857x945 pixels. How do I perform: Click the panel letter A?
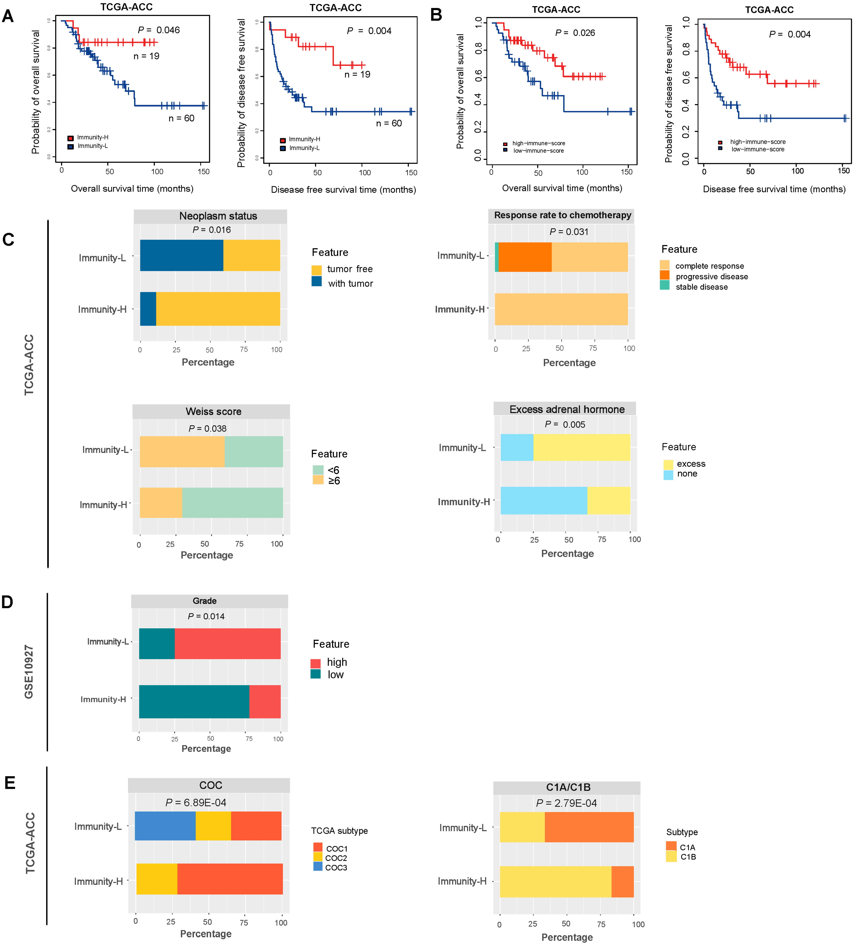(8, 16)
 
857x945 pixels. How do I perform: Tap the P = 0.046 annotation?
(158, 30)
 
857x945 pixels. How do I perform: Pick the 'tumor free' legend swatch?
(317, 269)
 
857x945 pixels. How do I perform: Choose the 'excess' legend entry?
(691, 464)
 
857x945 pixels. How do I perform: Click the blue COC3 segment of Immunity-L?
(165, 826)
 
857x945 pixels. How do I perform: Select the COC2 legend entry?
(336, 858)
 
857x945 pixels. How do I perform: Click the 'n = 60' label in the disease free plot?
(389, 123)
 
